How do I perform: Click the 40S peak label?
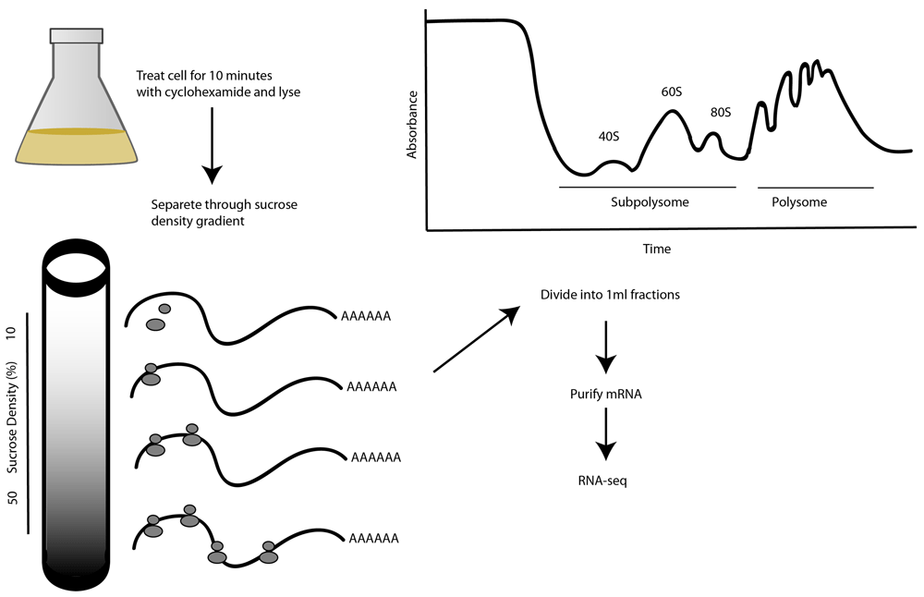point(609,137)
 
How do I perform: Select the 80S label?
point(721,113)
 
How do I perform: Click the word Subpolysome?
point(650,201)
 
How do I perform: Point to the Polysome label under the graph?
point(799,201)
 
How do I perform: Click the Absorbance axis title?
point(413,124)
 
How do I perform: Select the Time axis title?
point(657,249)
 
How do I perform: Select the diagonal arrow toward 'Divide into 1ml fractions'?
point(475,339)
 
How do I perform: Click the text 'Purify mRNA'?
point(605,394)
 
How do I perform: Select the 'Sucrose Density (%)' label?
point(14,420)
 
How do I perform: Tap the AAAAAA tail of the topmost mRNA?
point(366,316)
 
